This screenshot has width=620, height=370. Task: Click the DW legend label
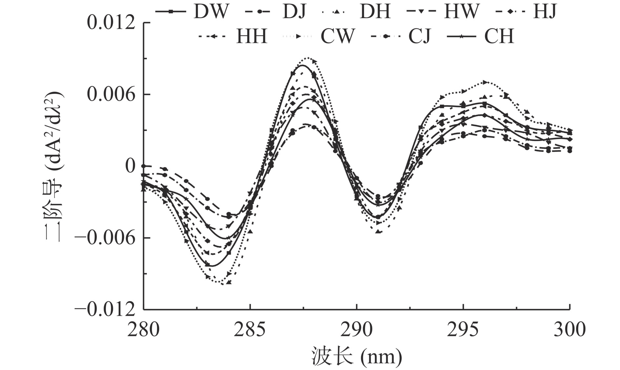[x=210, y=11]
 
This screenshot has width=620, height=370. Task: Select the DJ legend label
[x=294, y=11]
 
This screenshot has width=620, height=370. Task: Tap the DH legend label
[x=375, y=11]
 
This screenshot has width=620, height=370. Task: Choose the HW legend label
[x=462, y=11]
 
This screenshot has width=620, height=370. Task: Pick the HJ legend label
[x=545, y=11]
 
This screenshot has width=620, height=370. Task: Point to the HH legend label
[x=252, y=36]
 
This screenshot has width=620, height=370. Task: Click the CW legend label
[x=338, y=36]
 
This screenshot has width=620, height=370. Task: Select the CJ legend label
[x=420, y=36]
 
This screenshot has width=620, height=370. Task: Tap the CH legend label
[x=499, y=36]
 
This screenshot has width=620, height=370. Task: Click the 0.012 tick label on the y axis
[x=111, y=23]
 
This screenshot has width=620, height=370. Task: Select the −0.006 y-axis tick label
[x=105, y=238]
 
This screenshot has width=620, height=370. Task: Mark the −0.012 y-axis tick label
[x=105, y=309]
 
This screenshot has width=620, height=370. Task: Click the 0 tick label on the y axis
[x=130, y=166]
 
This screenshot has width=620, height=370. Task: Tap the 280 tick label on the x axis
[x=143, y=329]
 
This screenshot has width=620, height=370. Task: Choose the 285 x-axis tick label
[x=250, y=329]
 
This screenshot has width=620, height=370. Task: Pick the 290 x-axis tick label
[x=356, y=329]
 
